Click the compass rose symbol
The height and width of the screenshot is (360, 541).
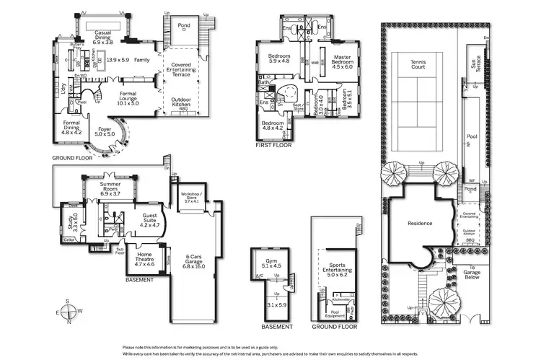[x=67, y=312]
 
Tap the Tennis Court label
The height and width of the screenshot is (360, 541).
[x=419, y=63]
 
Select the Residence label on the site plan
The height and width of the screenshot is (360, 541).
[x=420, y=223]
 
